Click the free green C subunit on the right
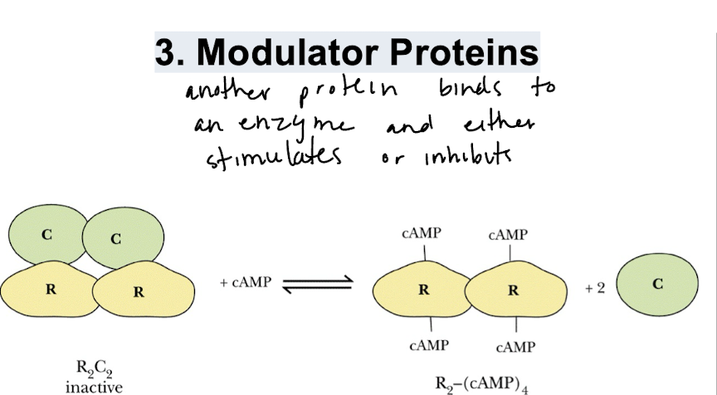pos(657,284)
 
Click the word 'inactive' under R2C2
pos(93,386)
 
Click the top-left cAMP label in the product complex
pos(422,235)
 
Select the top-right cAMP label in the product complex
pos(507,235)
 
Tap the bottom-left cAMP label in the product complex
pos(430,344)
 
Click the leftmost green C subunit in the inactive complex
pos(46,235)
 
